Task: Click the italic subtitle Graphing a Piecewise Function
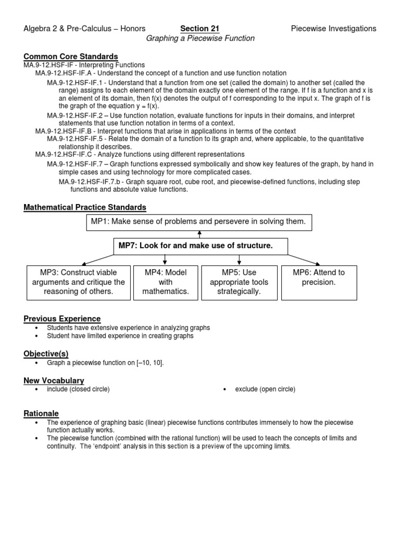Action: pyautogui.click(x=200, y=39)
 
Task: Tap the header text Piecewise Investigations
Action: pyautogui.click(x=333, y=29)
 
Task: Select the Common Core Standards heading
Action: pyautogui.click(x=71, y=56)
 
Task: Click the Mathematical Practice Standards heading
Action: pyautogui.click(x=85, y=208)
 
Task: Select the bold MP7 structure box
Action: pyautogui.click(x=201, y=246)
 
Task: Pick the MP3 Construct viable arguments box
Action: pyautogui.click(x=79, y=282)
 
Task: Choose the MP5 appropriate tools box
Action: pyautogui.click(x=239, y=282)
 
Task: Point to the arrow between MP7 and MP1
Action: pyautogui.click(x=199, y=234)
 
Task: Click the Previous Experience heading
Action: pyautogui.click(x=62, y=319)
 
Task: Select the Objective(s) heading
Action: pyautogui.click(x=46, y=353)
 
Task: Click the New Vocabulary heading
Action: pyautogui.click(x=54, y=380)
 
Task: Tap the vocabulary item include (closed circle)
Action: pyautogui.click(x=78, y=389)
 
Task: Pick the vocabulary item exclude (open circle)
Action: pyautogui.click(x=265, y=389)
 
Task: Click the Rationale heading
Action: pyautogui.click(x=41, y=413)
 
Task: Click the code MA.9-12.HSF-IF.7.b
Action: pyautogui.click(x=90, y=182)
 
